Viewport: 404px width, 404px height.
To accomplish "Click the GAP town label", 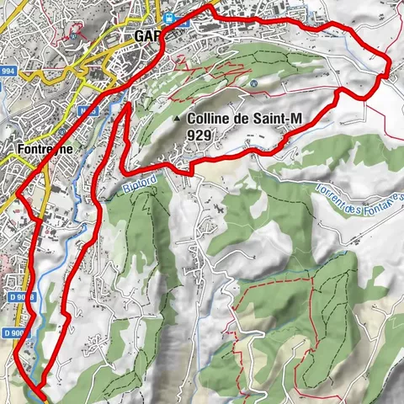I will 147,37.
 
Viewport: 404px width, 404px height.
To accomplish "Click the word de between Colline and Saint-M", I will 245,120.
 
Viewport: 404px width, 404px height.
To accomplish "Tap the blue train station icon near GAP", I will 171,18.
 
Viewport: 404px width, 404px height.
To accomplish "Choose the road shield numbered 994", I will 8,71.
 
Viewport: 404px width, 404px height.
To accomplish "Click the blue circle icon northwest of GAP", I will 75,36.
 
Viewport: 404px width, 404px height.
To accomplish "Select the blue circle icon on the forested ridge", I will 252,83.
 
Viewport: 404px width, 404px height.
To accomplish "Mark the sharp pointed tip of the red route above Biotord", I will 126,105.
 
